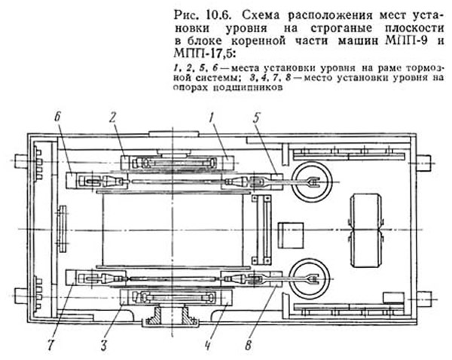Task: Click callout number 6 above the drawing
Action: (x=58, y=118)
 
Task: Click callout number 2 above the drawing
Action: (x=113, y=117)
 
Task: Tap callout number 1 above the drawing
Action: (x=211, y=118)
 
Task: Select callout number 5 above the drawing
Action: (x=257, y=118)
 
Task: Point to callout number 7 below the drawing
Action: (x=51, y=344)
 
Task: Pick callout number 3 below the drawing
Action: (x=104, y=344)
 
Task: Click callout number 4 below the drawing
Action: (x=208, y=345)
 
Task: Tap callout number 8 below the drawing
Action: (x=249, y=345)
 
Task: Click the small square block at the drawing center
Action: (x=291, y=235)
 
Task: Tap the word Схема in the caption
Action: (x=261, y=15)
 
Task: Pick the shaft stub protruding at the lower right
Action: (x=423, y=297)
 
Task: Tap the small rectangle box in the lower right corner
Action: (x=393, y=297)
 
